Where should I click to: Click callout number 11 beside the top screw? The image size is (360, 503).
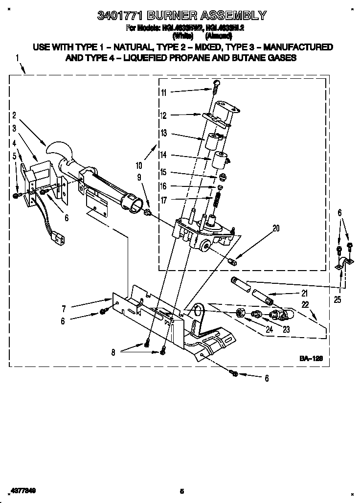pyautogui.click(x=163, y=92)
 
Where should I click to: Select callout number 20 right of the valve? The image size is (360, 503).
pyautogui.click(x=276, y=228)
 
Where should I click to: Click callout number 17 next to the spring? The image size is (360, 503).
pyautogui.click(x=163, y=200)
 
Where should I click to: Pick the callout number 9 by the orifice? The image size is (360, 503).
pyautogui.click(x=138, y=177)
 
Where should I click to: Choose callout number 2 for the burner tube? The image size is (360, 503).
pyautogui.click(x=14, y=115)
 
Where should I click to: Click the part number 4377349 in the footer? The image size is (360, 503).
pyautogui.click(x=20, y=490)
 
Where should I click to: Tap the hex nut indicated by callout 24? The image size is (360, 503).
pyautogui.click(x=240, y=312)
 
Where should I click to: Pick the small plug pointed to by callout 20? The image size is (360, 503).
pyautogui.click(x=233, y=261)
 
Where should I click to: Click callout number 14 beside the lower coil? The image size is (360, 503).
pyautogui.click(x=163, y=155)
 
